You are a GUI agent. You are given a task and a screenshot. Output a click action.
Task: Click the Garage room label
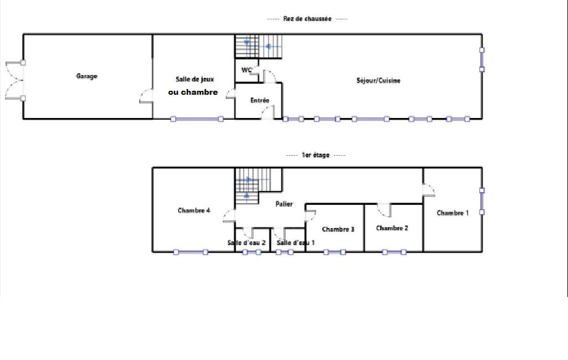click(86, 76)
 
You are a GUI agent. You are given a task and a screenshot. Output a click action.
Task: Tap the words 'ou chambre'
click(193, 92)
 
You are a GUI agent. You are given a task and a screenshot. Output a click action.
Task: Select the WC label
click(247, 70)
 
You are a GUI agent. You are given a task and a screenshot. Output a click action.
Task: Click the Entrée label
click(260, 100)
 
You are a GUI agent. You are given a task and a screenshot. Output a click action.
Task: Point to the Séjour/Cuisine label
click(378, 80)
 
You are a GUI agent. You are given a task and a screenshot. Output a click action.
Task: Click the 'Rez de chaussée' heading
click(307, 18)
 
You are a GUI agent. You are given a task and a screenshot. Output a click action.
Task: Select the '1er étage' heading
click(315, 155)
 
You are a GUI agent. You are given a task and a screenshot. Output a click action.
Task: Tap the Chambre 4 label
click(194, 210)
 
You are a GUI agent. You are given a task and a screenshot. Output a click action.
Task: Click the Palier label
click(284, 204)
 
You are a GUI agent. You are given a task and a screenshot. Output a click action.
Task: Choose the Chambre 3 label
click(338, 229)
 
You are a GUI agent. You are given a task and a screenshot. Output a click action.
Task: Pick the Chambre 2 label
click(392, 228)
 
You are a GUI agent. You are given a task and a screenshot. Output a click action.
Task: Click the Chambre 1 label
click(453, 213)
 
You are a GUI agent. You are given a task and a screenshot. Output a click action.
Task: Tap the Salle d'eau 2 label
click(247, 243)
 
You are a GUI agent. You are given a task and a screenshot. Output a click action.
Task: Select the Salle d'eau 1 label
click(295, 243)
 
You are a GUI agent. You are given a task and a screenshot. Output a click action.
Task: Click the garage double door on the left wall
click(15, 80)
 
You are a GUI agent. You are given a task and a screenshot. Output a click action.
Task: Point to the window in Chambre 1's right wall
click(482, 201)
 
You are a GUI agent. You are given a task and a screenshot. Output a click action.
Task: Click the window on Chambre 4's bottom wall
click(191, 252)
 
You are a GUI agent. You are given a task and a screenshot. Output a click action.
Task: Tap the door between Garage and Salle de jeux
click(146, 96)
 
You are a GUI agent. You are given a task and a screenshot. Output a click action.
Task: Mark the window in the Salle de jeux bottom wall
click(197, 119)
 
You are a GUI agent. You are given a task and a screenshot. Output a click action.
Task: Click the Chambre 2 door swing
click(384, 210)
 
